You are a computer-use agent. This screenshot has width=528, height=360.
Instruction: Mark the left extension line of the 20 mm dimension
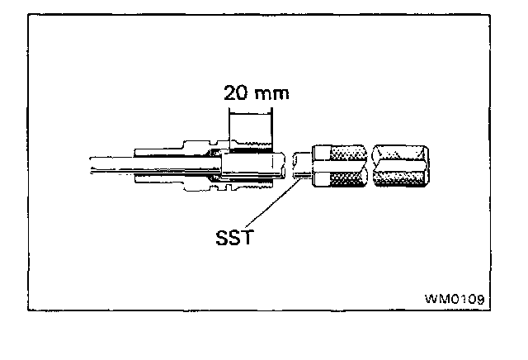coord(229,124)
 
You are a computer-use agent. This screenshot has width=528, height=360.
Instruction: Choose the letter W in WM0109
coord(431,296)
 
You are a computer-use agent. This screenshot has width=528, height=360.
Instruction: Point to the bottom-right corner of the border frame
coord(487,310)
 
